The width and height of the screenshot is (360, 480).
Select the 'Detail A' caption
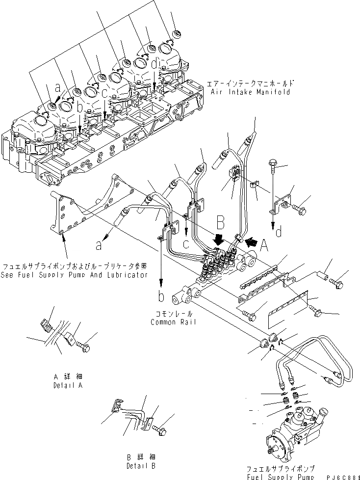pos(68,385)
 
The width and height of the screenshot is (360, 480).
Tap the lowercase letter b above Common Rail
pos(161,297)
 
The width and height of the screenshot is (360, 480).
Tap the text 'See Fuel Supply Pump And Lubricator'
pos(75,275)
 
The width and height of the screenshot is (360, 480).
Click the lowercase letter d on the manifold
pos(154,63)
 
